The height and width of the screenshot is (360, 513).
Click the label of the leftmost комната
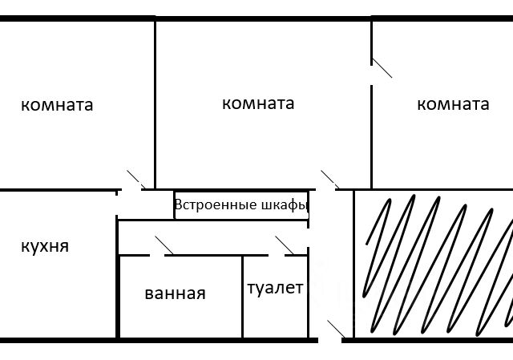click(x=57, y=105)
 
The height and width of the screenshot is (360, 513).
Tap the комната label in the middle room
click(x=257, y=103)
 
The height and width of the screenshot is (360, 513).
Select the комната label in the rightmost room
click(x=453, y=104)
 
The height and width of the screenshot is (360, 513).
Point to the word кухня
click(x=45, y=245)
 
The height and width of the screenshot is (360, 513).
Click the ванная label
click(x=176, y=293)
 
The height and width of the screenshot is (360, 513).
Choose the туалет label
click(x=275, y=288)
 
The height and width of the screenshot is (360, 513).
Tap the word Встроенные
click(x=216, y=204)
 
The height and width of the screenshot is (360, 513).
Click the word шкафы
click(x=285, y=205)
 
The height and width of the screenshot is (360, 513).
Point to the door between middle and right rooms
click(x=381, y=67)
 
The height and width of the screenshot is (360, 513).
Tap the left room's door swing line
click(x=135, y=179)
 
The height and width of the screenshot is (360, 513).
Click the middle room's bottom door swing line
click(x=329, y=180)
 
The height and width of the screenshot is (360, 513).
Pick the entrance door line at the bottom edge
click(x=337, y=328)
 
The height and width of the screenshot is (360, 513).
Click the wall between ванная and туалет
click(x=243, y=297)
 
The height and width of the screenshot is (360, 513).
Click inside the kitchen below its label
click(x=48, y=297)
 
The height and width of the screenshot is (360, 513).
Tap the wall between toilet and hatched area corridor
click(x=308, y=297)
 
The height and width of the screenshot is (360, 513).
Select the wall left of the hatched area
click(x=353, y=265)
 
